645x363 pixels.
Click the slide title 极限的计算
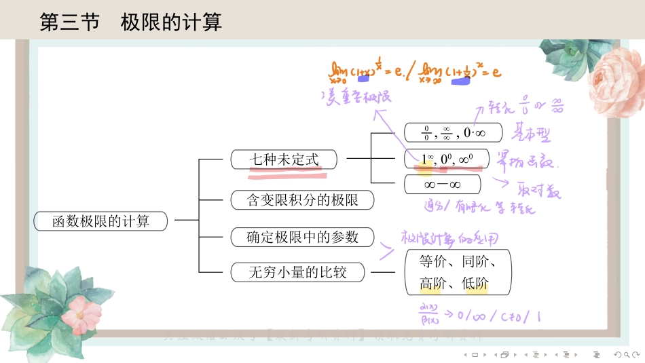pyautogui.click(x=171, y=22)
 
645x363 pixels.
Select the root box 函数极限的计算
pyautogui.click(x=100, y=221)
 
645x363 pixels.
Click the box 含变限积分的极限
pyautogui.click(x=302, y=199)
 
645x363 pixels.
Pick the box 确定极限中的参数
pyautogui.click(x=302, y=237)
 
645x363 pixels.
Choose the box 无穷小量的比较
pyautogui.click(x=297, y=273)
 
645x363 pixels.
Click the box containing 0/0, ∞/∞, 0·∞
pyautogui.click(x=453, y=132)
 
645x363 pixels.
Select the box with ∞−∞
pyautogui.click(x=442, y=185)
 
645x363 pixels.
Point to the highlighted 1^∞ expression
pyautogui.click(x=427, y=159)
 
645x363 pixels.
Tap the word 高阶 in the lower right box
pyautogui.click(x=432, y=284)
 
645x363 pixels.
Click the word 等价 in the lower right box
pyautogui.click(x=432, y=261)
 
